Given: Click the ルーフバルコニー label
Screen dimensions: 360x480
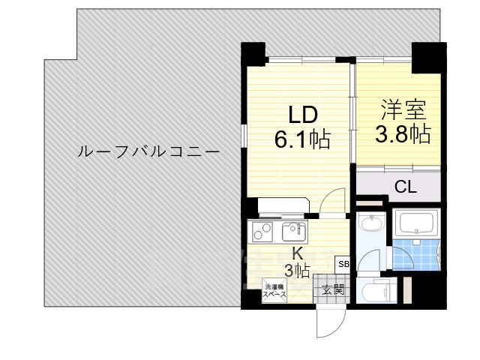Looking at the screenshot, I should pyautogui.click(x=148, y=152).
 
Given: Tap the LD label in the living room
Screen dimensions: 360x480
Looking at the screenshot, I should pyautogui.click(x=304, y=115).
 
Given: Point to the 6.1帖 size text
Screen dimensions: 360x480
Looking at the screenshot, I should pyautogui.click(x=302, y=139).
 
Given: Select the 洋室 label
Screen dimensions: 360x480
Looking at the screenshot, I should pyautogui.click(x=403, y=110).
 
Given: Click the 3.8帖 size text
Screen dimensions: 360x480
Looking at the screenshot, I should pyautogui.click(x=402, y=134).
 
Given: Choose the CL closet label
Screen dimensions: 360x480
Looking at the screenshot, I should pyautogui.click(x=405, y=187).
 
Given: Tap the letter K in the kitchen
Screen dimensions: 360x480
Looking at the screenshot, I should pyautogui.click(x=297, y=253).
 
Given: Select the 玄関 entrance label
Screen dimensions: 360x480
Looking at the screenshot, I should pyautogui.click(x=333, y=289).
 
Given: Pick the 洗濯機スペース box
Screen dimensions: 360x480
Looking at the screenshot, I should pyautogui.click(x=272, y=290).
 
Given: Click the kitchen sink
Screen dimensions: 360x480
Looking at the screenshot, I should pyautogui.click(x=292, y=230).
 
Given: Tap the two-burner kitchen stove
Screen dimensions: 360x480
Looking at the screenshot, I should pyautogui.click(x=262, y=232).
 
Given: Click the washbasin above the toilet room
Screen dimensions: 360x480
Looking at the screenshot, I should pyautogui.click(x=370, y=224).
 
